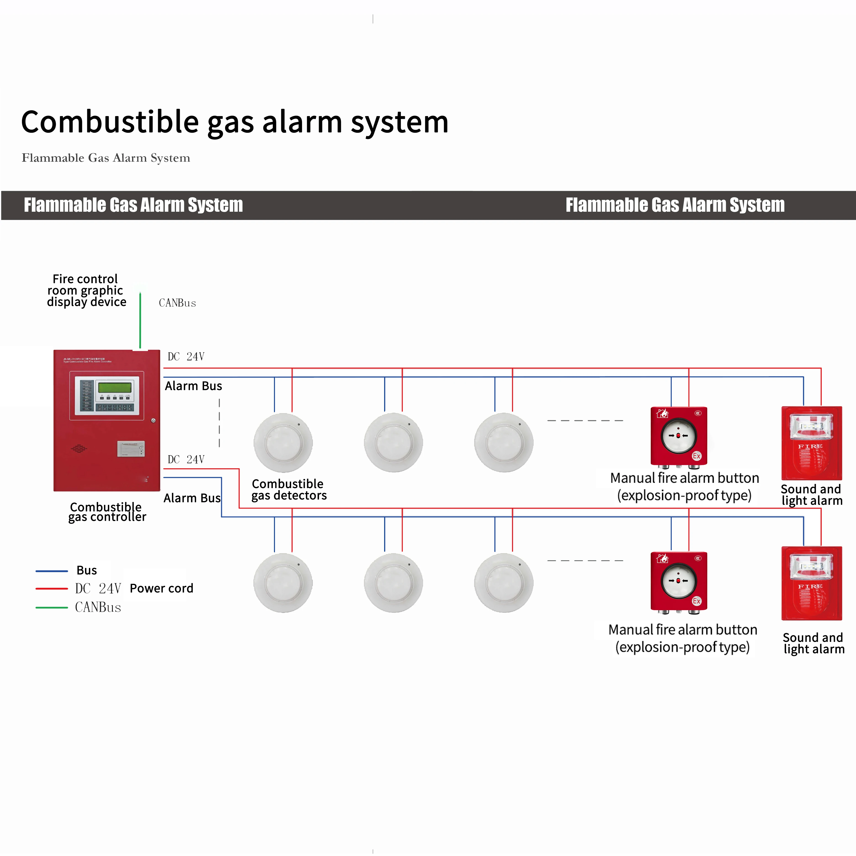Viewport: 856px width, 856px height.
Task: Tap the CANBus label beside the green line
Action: point(177,303)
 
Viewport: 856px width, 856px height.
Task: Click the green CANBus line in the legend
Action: point(51,607)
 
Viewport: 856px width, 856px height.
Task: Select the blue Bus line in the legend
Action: point(51,571)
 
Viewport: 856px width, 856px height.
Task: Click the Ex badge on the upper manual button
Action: point(696,456)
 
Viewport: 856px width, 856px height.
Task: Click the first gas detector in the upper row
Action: point(283,443)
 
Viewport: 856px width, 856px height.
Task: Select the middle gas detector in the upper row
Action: point(393,443)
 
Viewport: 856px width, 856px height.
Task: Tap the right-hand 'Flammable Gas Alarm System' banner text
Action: point(675,205)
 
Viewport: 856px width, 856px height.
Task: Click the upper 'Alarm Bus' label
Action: point(193,386)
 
